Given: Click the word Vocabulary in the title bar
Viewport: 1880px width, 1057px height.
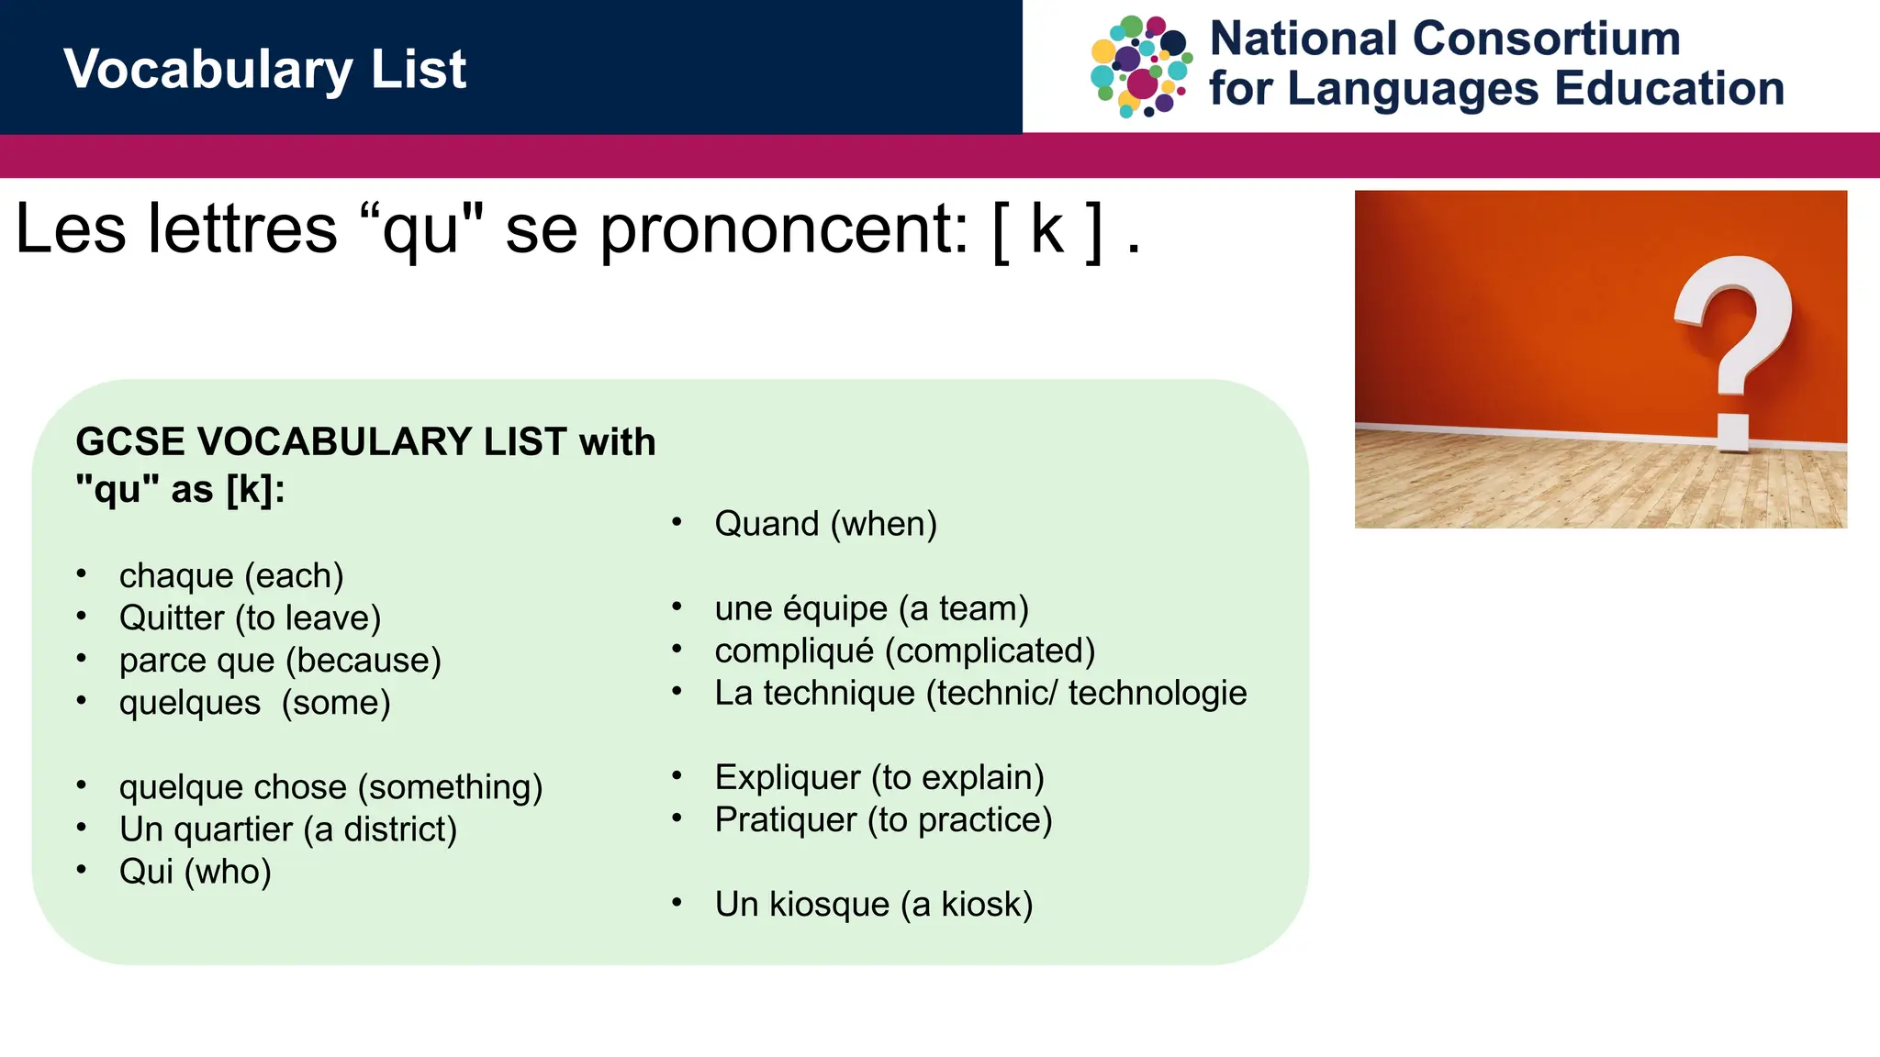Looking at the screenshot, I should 207,70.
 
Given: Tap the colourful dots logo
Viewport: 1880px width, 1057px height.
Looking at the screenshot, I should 1141,66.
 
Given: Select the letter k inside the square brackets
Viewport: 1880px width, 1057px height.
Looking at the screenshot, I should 1047,229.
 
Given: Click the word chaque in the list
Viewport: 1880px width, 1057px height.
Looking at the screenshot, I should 176,576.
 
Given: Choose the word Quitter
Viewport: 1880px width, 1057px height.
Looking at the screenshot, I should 172,618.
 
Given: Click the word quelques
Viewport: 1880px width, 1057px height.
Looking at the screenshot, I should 190,703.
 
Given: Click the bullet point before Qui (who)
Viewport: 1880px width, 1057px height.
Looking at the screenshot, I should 82,869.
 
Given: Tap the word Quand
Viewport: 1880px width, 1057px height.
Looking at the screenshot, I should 767,524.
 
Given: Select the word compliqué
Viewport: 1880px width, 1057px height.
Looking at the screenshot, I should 794,651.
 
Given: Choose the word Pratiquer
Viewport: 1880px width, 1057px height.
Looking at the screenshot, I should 786,820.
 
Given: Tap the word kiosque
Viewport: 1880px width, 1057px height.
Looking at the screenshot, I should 829,905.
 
